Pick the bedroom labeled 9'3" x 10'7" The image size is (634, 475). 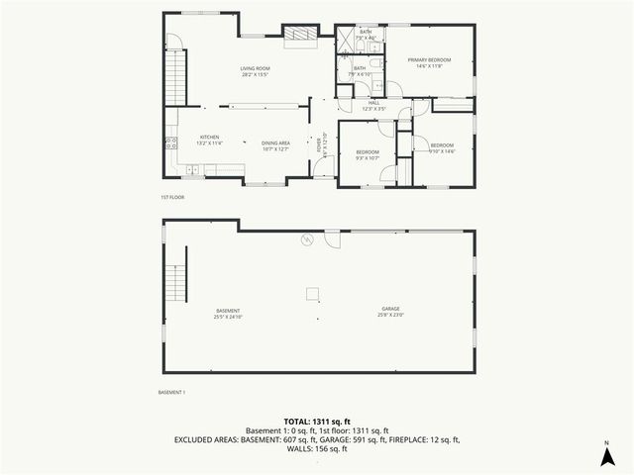click(368, 154)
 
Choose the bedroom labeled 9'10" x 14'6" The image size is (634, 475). click(441, 148)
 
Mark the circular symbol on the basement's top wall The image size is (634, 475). click(307, 238)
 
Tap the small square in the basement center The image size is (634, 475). click(312, 292)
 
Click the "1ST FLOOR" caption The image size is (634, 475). click(172, 197)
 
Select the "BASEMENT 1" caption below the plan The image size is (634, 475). click(171, 393)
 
